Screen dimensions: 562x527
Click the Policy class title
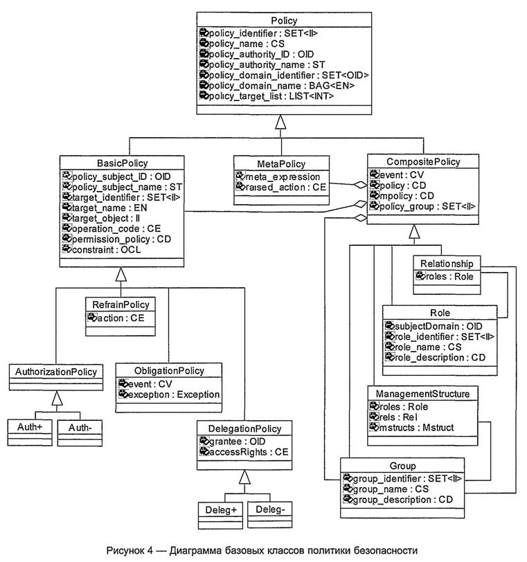tap(283, 21)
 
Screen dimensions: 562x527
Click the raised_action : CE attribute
tap(280, 187)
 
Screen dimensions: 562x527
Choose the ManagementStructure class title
tap(423, 394)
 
